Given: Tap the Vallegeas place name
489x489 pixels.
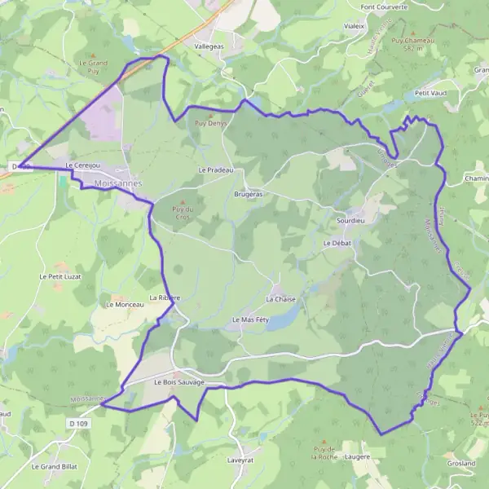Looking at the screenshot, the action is (x=209, y=46).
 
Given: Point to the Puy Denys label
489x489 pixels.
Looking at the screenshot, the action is (x=209, y=124).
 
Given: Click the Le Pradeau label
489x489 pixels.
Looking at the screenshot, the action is (x=216, y=170).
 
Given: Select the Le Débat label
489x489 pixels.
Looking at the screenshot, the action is (x=336, y=243).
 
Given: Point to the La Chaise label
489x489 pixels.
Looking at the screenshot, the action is (x=280, y=299).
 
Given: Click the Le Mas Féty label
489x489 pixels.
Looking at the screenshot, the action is (x=250, y=319).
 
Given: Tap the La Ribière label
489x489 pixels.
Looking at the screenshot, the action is (x=165, y=298).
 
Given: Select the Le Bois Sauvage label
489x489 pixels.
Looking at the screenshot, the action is (x=178, y=381).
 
